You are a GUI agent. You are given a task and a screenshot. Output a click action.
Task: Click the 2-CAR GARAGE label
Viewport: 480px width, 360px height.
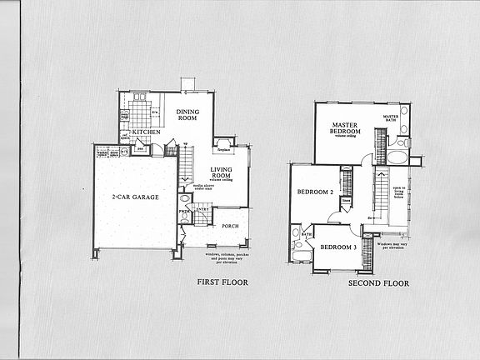135,197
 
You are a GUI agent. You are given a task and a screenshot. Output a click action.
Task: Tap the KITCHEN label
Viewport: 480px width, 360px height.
146,132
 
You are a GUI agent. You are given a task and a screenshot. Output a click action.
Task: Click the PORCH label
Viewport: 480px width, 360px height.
230,225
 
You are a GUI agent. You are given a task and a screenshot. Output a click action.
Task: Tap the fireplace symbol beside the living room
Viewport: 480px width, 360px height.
223,143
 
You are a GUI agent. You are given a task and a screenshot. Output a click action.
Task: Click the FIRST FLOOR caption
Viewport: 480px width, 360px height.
222,282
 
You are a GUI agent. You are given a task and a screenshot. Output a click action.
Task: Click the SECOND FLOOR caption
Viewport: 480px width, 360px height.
379,282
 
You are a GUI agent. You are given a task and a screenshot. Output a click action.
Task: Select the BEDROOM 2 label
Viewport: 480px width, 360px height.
316,192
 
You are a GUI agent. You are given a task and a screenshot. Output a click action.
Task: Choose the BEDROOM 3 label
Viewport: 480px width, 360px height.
340,247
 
